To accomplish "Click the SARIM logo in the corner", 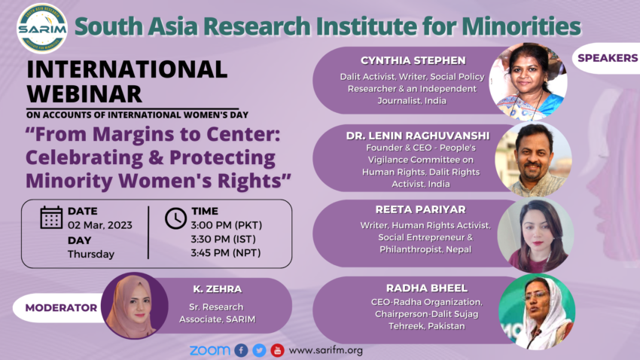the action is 42,29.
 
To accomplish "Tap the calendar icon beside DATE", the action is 51,217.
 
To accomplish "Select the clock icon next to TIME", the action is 176,218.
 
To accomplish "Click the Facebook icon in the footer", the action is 241,350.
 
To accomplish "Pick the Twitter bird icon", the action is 259,350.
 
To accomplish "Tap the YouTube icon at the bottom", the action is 277,350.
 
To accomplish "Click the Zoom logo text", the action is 210,350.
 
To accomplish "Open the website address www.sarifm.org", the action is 326,350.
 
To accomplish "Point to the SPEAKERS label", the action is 608,58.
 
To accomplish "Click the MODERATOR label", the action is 61,308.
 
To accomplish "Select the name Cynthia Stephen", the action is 413,60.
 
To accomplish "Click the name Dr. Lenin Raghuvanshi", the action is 418,136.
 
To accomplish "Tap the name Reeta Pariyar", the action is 420,209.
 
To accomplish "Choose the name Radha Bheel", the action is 427,288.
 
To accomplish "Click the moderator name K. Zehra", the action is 218,289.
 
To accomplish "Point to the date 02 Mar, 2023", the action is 100,225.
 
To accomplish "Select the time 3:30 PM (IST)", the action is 224,239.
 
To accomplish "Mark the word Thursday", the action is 91,255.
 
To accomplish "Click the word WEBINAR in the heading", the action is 84,94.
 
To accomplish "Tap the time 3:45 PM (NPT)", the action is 226,253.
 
